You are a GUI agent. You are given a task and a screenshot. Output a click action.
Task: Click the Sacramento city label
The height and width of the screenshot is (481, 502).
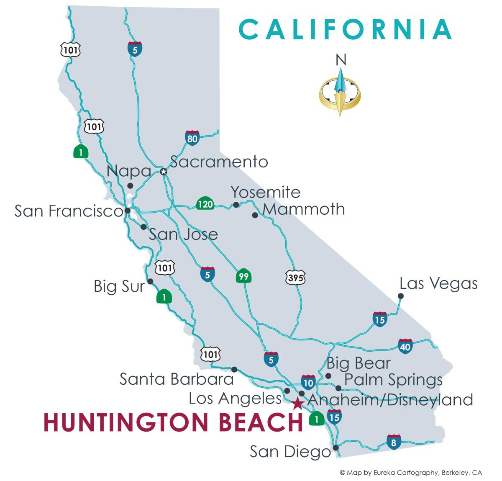click(x=219, y=162)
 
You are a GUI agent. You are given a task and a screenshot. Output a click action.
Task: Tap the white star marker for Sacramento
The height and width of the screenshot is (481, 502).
click(x=164, y=172)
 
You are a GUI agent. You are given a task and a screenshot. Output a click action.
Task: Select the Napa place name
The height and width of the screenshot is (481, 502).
click(x=128, y=171)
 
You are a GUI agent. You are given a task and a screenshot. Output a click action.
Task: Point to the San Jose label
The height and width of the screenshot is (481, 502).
click(x=183, y=234)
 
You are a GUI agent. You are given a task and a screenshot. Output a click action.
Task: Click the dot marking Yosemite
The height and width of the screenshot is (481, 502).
click(x=236, y=205)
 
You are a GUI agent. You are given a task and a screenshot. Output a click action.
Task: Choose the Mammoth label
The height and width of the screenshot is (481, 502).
click(x=304, y=209)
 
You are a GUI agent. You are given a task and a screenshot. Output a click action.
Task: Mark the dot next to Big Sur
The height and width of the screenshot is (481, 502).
click(x=151, y=281)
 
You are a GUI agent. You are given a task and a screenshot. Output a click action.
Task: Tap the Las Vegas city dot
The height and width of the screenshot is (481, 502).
click(x=400, y=296)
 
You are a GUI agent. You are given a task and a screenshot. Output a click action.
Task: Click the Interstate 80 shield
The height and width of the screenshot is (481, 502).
click(x=192, y=138)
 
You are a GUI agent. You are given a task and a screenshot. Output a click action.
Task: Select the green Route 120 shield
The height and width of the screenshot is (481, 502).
click(x=205, y=204)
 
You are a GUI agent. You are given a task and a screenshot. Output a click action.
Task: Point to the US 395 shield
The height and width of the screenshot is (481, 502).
click(x=296, y=277)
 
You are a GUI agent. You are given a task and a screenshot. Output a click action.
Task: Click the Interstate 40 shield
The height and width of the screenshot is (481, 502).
click(x=405, y=346)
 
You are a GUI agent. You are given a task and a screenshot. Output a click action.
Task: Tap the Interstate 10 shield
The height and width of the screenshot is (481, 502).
click(x=308, y=382)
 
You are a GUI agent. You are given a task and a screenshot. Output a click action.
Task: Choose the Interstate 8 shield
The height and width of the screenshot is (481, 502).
click(x=394, y=442)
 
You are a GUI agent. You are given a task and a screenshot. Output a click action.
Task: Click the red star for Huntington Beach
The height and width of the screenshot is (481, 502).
click(x=297, y=404)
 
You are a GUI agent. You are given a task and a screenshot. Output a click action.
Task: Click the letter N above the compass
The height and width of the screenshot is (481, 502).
click(x=341, y=61)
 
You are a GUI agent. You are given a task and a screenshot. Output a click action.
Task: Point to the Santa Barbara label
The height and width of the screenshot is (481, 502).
click(x=177, y=379)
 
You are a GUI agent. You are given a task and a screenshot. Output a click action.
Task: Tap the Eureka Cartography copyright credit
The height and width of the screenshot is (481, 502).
click(x=411, y=472)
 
